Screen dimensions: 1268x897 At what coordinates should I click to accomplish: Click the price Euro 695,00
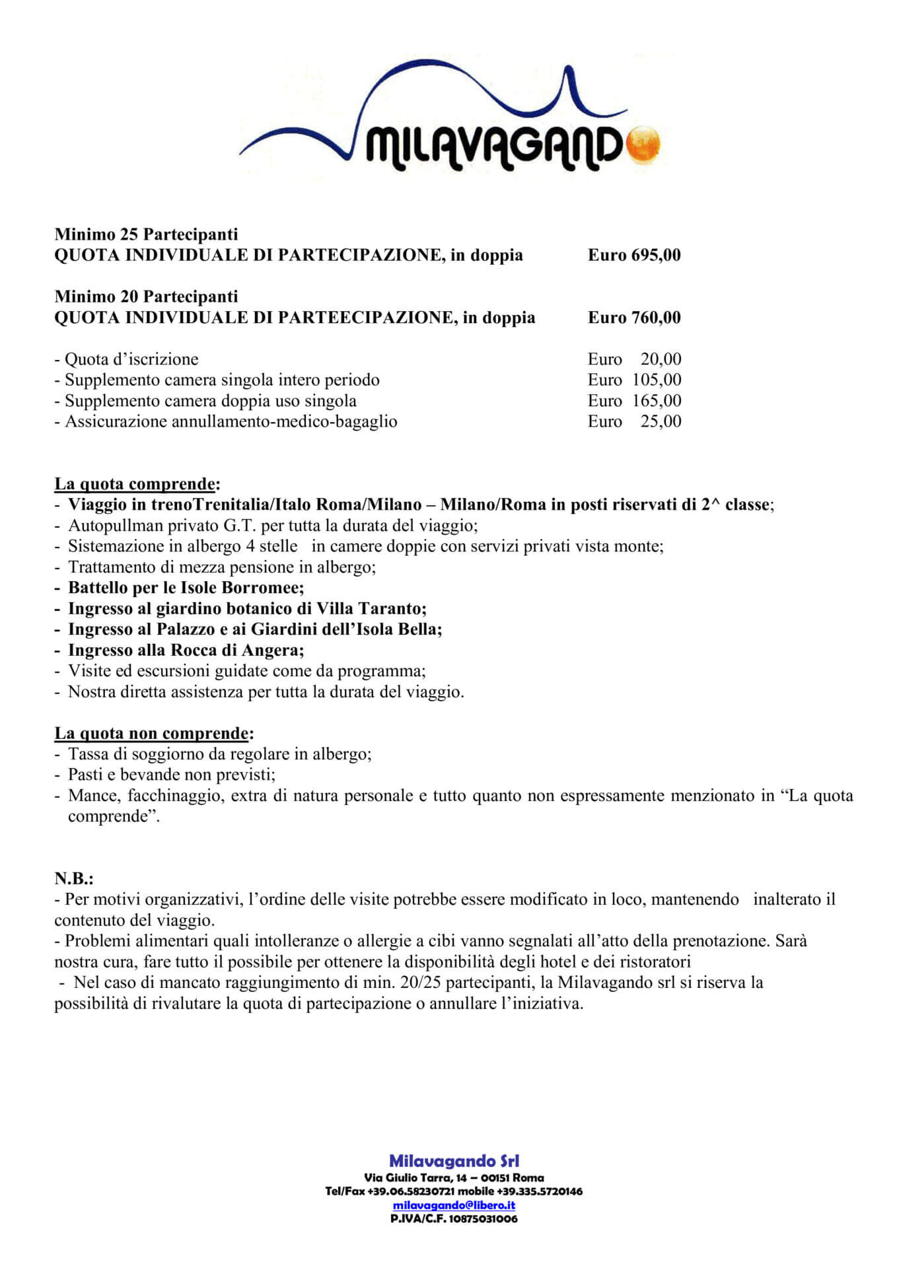634,256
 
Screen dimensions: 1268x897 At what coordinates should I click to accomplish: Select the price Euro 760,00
634,318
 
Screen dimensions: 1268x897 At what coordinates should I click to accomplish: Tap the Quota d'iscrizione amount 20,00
661,359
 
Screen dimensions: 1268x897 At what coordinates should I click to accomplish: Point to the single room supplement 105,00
657,380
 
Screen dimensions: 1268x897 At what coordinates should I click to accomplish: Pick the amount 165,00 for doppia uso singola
657,401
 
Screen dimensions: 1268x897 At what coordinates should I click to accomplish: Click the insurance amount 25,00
661,421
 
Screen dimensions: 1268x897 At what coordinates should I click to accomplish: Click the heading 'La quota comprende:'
137,484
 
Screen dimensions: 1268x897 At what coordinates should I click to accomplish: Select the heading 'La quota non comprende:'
154,733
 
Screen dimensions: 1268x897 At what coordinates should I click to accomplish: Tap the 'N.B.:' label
74,878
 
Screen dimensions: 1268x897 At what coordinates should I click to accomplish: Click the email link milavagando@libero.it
454,1205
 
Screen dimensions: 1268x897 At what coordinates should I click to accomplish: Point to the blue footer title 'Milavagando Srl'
454,1161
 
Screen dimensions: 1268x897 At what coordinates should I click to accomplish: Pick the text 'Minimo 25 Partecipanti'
146,234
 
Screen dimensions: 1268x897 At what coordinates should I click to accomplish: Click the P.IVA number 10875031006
483,1218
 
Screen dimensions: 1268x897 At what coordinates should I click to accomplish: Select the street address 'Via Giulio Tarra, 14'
421,1178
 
